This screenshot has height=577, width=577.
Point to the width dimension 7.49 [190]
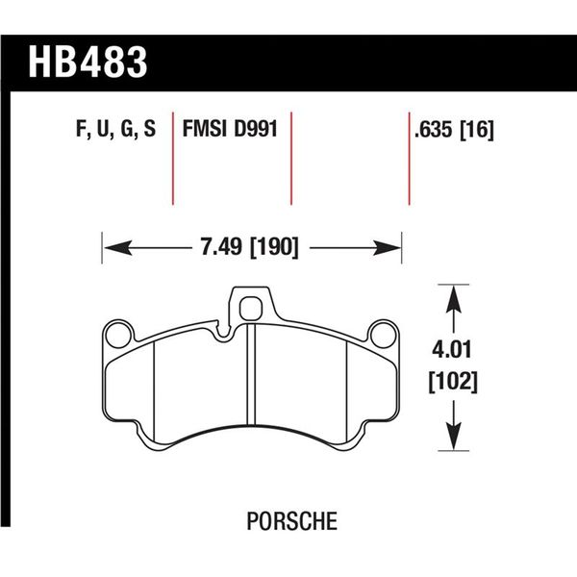click(x=250, y=247)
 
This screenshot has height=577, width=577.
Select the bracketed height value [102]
click(x=452, y=382)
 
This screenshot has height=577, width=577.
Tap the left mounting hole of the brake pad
click(x=120, y=335)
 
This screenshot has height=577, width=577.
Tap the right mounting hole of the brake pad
click(x=383, y=335)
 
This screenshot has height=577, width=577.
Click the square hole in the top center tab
click(x=250, y=308)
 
